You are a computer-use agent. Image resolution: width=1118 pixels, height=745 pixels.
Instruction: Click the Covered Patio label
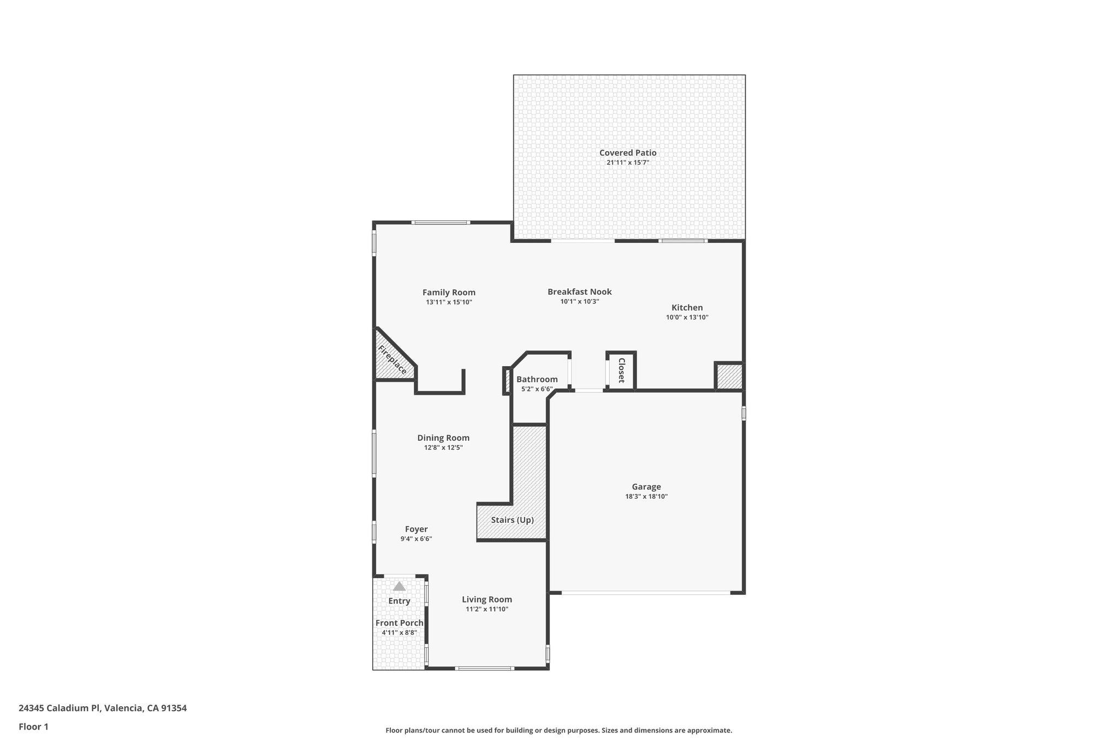[x=627, y=153]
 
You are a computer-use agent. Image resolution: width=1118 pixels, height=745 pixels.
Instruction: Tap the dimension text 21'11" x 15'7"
[x=627, y=163]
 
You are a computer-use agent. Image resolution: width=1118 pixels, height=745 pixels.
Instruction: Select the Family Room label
[x=449, y=293]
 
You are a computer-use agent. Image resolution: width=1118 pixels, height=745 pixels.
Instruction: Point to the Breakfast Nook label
[x=579, y=292]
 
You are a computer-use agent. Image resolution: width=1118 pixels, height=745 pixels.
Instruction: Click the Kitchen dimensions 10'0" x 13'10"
[x=687, y=317]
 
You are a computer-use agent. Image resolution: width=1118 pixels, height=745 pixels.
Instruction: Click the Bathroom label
[x=537, y=379]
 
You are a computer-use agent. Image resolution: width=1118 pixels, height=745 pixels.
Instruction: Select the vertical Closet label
[x=621, y=371]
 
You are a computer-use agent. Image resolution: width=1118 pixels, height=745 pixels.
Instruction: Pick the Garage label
[x=646, y=487]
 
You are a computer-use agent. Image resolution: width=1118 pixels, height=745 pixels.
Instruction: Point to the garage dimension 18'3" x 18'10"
[x=646, y=497]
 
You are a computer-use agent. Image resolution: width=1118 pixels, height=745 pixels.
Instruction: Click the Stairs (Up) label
[x=512, y=520]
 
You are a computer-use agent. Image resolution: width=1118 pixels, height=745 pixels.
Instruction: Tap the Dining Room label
[x=443, y=438]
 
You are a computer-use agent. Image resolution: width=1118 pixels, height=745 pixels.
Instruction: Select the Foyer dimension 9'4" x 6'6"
[x=416, y=539]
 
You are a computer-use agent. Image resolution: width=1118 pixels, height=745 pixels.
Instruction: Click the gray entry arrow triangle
[x=399, y=586]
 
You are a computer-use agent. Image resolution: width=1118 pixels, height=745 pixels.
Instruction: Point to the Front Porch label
[x=399, y=623]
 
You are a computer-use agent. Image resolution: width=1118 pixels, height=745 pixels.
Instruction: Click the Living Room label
[x=486, y=599]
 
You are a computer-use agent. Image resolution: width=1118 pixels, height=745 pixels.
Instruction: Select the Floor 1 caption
[x=33, y=726]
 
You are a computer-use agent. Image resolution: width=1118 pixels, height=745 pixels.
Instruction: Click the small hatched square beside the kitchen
[x=729, y=377]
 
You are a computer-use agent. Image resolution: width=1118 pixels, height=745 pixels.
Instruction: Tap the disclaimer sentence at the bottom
[x=558, y=730]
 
